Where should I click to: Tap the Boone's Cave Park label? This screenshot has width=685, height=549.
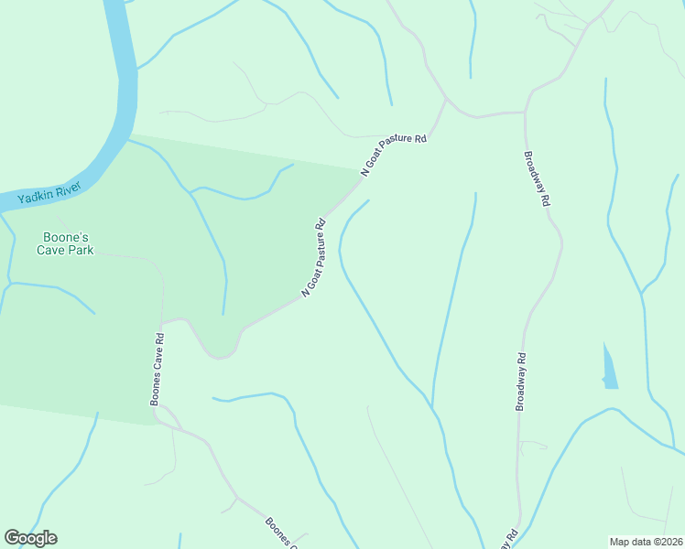click(x=63, y=242)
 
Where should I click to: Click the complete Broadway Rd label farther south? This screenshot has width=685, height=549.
click(x=521, y=382)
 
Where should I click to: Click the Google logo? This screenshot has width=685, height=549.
click(x=30, y=538)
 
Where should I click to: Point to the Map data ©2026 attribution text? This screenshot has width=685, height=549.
click(x=646, y=542)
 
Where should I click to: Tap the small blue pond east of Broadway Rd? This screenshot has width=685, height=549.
click(x=609, y=369)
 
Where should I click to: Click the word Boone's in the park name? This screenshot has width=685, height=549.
click(x=63, y=236)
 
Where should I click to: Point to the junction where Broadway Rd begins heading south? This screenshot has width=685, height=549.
click(x=524, y=113)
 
